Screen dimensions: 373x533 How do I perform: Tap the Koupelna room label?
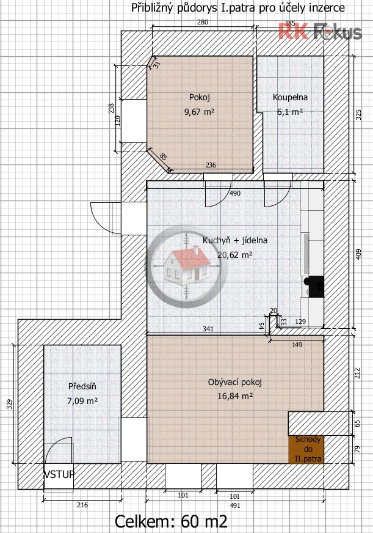[290, 97]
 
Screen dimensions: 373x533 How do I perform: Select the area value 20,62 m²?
[235, 255]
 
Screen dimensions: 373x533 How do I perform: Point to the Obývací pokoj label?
[235, 383]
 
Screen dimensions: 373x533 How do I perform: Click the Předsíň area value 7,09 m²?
[82, 401]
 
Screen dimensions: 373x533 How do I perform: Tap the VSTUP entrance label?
[59, 474]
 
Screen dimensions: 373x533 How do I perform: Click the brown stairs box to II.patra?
[306, 449]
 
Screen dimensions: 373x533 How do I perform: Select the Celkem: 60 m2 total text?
[172, 521]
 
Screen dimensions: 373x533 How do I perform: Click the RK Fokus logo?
[320, 31]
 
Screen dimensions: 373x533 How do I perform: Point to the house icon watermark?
[187, 263]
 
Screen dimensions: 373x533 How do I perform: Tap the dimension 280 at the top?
[203, 23]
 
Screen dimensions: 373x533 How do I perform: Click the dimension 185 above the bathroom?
[290, 23]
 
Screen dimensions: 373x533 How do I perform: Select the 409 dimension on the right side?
[359, 255]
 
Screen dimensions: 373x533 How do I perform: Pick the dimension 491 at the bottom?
[235, 505]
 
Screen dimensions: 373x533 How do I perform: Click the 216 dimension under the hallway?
[82, 505]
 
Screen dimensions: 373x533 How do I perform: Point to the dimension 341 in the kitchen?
[208, 329]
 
